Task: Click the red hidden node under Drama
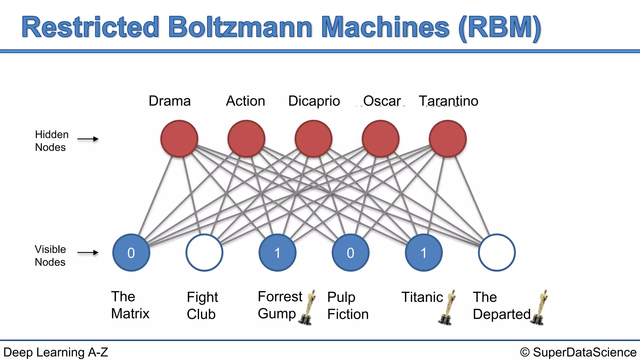click(x=179, y=138)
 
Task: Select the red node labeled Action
click(x=246, y=138)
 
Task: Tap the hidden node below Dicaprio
click(x=313, y=138)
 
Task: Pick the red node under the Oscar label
click(x=381, y=138)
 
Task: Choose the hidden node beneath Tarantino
click(x=448, y=138)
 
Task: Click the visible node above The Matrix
click(x=131, y=252)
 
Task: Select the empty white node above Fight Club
click(x=204, y=252)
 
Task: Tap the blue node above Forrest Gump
click(x=277, y=252)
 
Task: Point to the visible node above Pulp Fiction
click(x=351, y=252)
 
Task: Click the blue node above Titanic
click(x=424, y=252)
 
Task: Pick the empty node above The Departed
click(x=497, y=252)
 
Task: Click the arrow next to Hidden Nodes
click(x=88, y=139)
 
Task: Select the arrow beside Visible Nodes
click(x=88, y=252)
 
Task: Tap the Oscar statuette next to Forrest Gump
click(x=308, y=307)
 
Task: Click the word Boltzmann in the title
click(x=240, y=27)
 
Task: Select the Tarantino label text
click(x=448, y=101)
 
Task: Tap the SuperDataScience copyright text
click(x=578, y=352)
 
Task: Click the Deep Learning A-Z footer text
click(x=56, y=352)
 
